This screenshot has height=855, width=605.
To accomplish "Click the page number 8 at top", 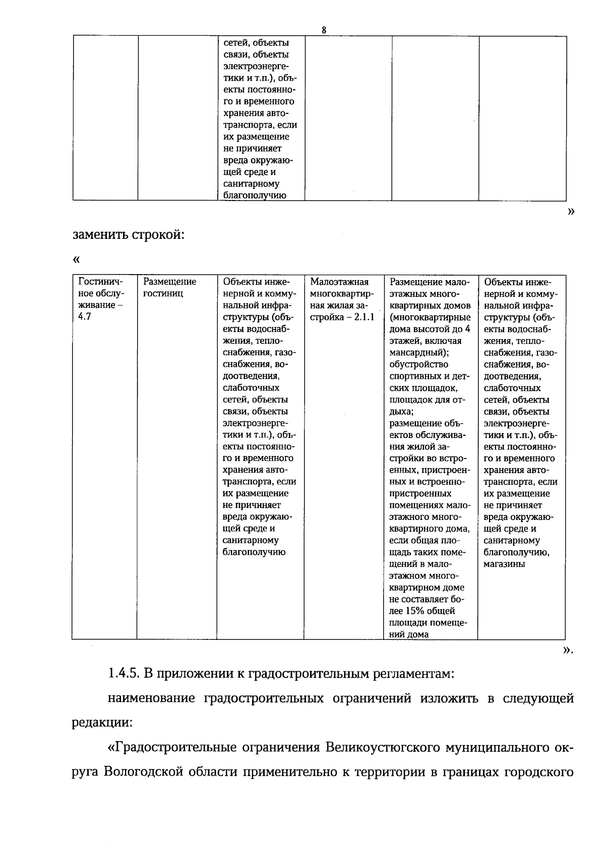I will click(x=324, y=30).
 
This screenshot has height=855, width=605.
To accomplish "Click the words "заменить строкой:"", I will click(x=129, y=235).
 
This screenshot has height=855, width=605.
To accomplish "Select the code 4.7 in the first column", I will click(x=85, y=317).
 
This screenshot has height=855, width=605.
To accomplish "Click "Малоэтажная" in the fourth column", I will click(x=339, y=282).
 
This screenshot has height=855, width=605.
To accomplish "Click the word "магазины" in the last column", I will click(x=504, y=564).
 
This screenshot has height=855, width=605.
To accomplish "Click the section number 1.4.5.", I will click(x=123, y=673).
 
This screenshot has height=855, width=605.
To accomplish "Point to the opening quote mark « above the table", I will click(x=76, y=260).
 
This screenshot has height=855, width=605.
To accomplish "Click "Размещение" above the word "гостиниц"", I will click(x=169, y=282).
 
